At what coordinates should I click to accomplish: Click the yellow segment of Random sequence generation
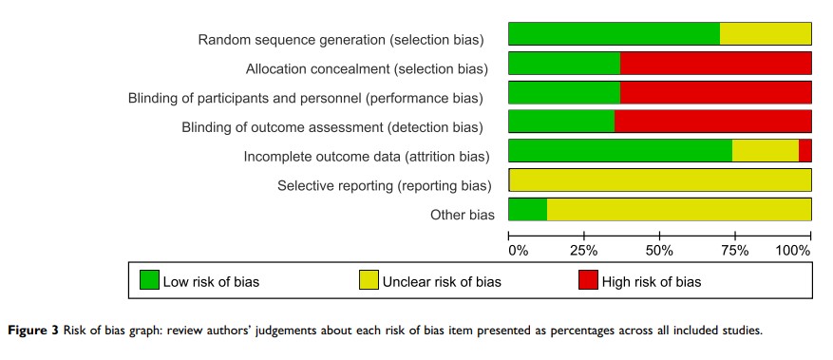pos(766,33)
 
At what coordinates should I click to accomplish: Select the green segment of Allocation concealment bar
pos(564,64)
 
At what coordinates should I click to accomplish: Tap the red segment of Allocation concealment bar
pos(716,64)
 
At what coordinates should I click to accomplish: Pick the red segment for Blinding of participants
pos(716,92)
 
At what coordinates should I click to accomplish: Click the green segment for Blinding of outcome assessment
pos(561,121)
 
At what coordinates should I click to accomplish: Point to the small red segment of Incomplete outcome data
pos(805,151)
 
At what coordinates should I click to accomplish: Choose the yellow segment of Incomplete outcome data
pos(766,151)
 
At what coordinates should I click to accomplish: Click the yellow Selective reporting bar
pos(661,180)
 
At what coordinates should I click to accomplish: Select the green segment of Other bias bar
pos(527,209)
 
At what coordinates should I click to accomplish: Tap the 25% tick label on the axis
pos(584,251)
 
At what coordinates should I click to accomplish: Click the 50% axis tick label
pos(660,251)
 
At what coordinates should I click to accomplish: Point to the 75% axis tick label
pos(735,251)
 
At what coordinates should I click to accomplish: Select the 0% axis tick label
pos(519,251)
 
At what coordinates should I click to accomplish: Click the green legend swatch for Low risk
pos(149,280)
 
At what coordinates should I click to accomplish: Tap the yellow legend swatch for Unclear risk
pos(369,280)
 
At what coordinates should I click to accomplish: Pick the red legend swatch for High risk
pos(588,280)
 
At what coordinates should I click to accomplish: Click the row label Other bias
pos(463,215)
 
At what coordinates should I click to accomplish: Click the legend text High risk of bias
pos(652,281)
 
